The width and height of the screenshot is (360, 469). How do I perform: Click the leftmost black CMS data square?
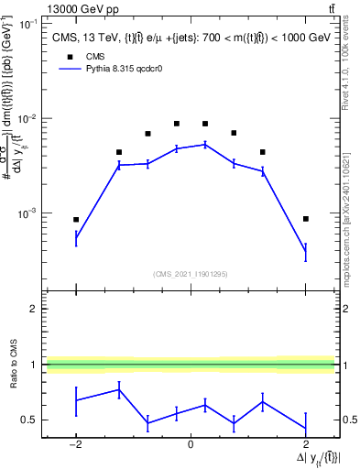tap(76, 220)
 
